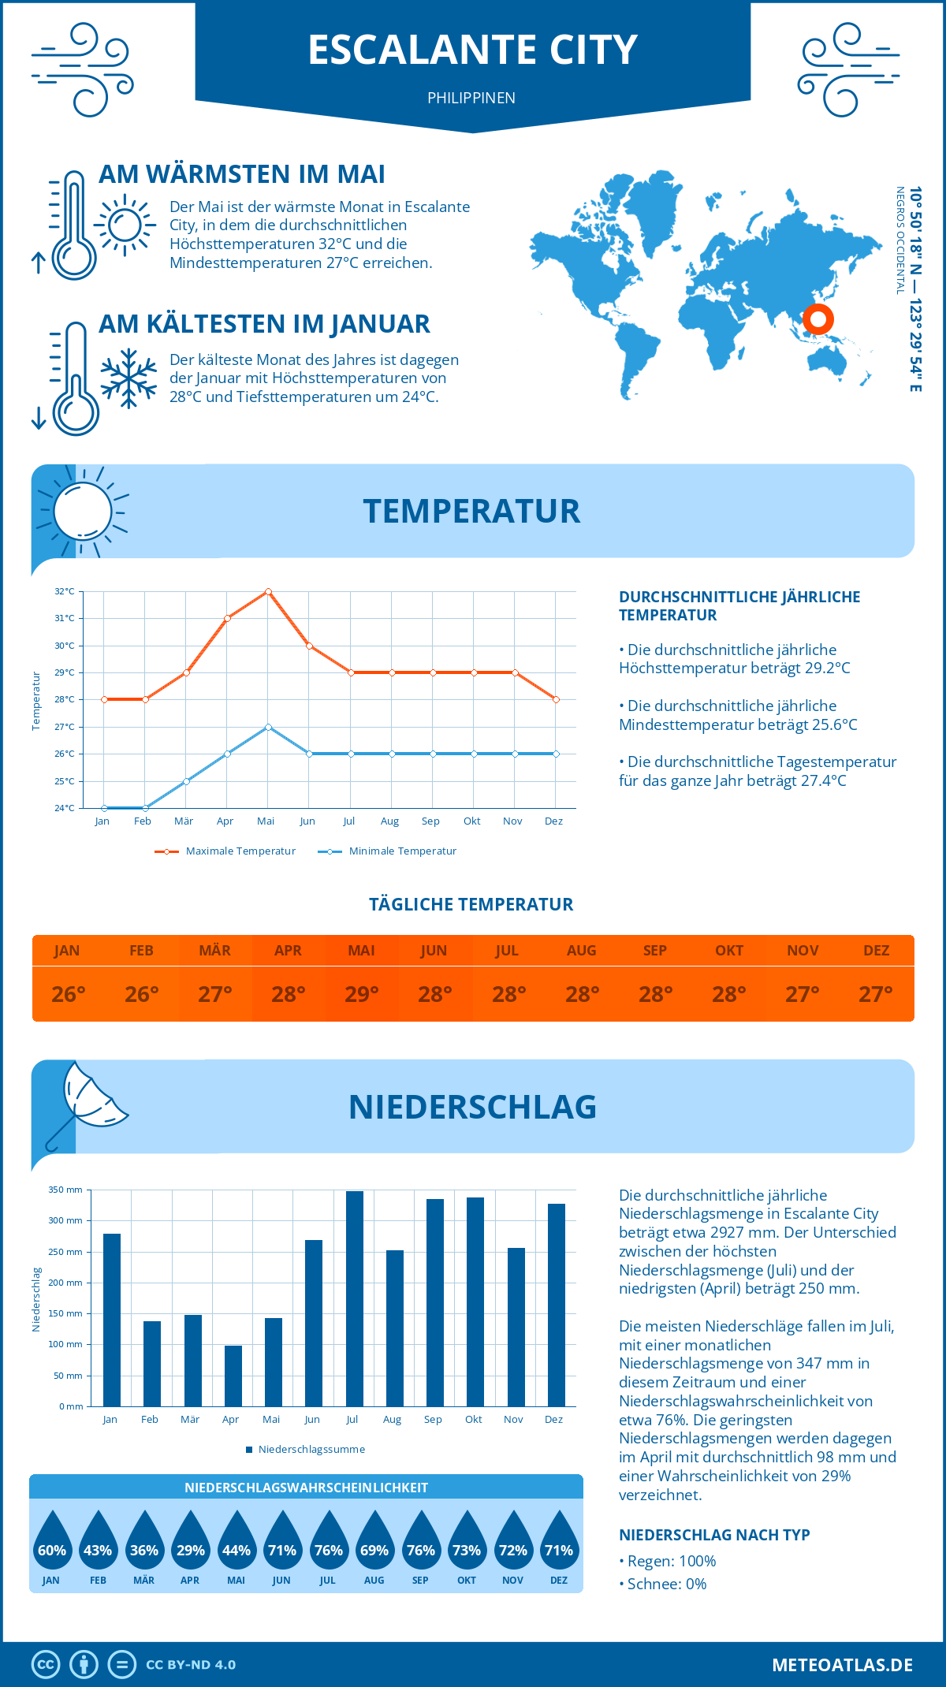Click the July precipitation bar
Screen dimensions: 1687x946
(x=355, y=1298)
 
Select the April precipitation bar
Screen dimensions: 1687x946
(x=233, y=1376)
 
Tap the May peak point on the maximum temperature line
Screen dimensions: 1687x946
(x=268, y=591)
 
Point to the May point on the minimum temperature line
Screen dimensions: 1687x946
(x=268, y=727)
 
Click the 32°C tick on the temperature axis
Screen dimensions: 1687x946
(x=65, y=591)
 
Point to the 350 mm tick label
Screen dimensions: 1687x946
(x=65, y=1190)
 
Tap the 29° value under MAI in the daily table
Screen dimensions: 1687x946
(x=361, y=994)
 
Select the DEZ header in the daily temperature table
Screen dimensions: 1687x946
(x=876, y=951)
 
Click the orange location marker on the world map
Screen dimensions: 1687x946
(x=818, y=319)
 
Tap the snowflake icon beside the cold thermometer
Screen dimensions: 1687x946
(x=128, y=378)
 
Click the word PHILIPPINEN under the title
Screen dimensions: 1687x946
(x=471, y=98)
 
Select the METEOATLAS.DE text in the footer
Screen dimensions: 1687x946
(x=842, y=1665)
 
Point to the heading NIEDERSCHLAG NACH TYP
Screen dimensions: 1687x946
(x=714, y=1535)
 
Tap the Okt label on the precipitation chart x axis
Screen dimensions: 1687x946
(x=473, y=1419)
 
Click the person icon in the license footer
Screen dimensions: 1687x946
(x=84, y=1664)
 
